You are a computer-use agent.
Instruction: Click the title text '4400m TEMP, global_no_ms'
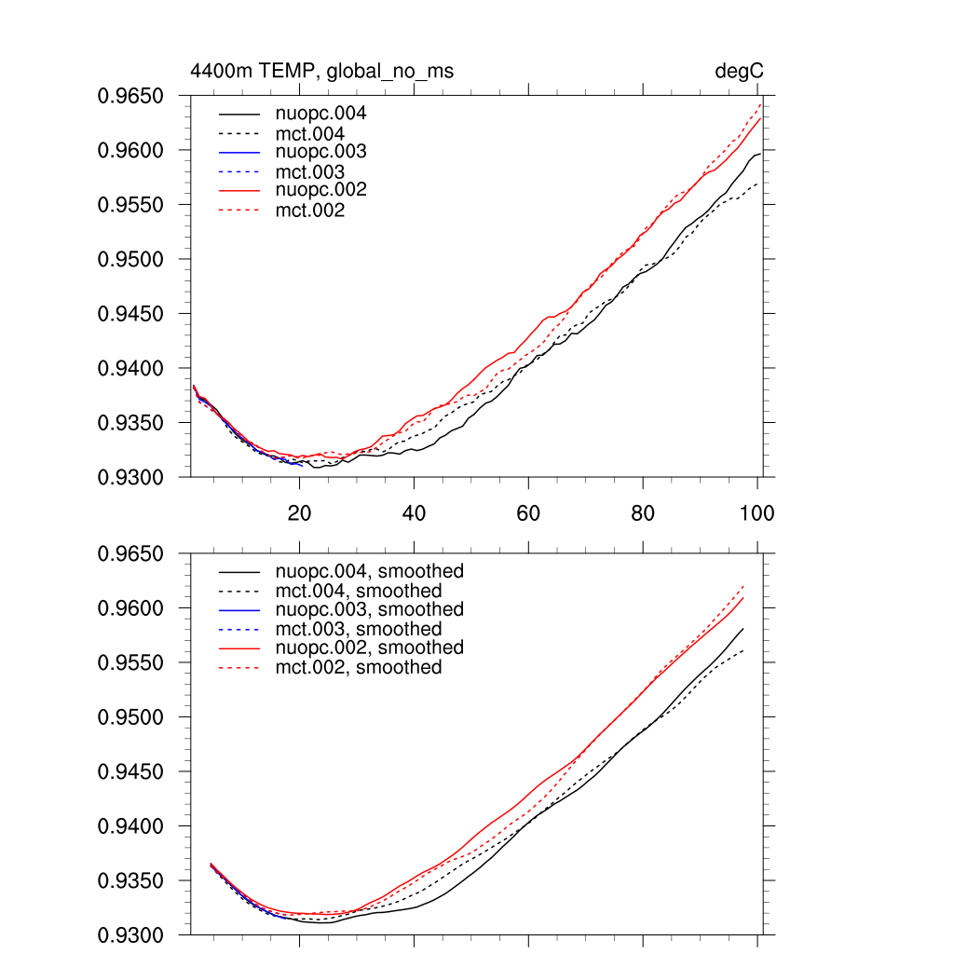click(x=321, y=71)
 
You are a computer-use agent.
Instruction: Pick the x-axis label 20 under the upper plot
click(x=299, y=512)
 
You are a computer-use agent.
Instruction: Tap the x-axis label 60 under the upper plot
click(x=528, y=512)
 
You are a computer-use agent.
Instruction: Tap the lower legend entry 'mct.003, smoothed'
click(x=359, y=630)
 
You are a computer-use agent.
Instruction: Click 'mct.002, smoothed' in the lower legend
click(x=359, y=668)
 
